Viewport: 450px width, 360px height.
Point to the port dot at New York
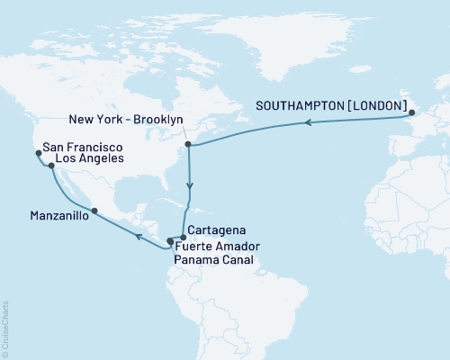(187, 143)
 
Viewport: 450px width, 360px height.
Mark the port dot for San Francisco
(38, 153)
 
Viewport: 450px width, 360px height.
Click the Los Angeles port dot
(51, 166)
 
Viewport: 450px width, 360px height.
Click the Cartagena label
(216, 231)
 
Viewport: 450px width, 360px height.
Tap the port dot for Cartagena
(183, 237)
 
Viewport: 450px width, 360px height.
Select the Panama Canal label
(216, 258)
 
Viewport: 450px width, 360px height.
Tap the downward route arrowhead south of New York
(189, 187)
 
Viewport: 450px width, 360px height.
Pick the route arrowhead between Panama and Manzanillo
(138, 237)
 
